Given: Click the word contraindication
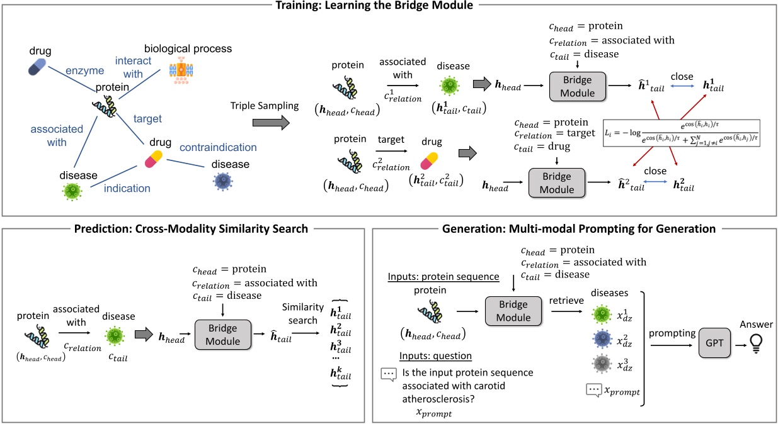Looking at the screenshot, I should pos(218,147).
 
